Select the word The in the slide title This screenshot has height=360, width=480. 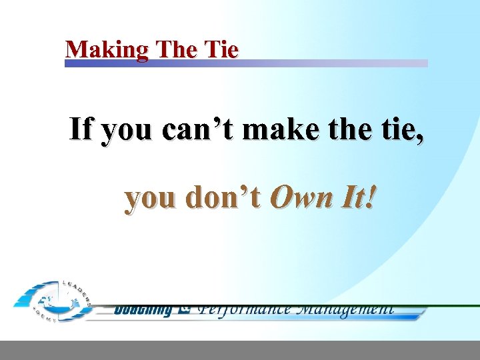(x=175, y=49)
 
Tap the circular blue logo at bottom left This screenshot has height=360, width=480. (x=50, y=301)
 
